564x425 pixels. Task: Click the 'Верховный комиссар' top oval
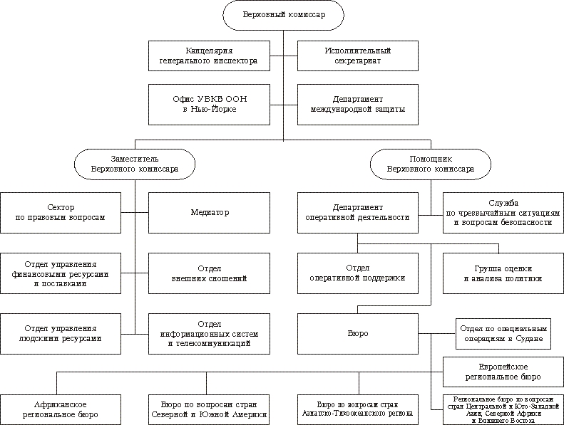pyautogui.click(x=283, y=16)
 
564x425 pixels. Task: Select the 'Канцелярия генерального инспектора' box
pyautogui.click(x=208, y=56)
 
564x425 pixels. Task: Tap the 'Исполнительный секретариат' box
pyautogui.click(x=357, y=56)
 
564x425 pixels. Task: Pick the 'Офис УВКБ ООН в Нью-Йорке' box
pyautogui.click(x=208, y=103)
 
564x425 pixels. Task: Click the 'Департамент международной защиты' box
pyautogui.click(x=357, y=103)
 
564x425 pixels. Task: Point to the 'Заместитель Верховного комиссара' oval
pyautogui.click(x=135, y=164)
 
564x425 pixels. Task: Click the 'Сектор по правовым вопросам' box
pyautogui.click(x=63, y=212)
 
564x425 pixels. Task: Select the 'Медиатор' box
pyautogui.click(x=208, y=212)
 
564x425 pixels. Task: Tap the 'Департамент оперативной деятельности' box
pyautogui.click(x=357, y=212)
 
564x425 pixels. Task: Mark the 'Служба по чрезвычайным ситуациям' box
pyautogui.click(x=503, y=212)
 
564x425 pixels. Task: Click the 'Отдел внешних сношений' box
pyautogui.click(x=208, y=273)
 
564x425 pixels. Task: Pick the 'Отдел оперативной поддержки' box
pyautogui.click(x=357, y=273)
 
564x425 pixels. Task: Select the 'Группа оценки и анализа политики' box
pyautogui.click(x=503, y=273)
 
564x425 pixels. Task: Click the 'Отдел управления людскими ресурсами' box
pyautogui.click(x=63, y=333)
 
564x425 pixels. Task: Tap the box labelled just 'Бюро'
pyautogui.click(x=357, y=333)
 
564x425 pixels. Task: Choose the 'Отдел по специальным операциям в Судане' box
pyautogui.click(x=503, y=333)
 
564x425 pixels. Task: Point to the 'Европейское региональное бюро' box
pyautogui.click(x=503, y=370)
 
